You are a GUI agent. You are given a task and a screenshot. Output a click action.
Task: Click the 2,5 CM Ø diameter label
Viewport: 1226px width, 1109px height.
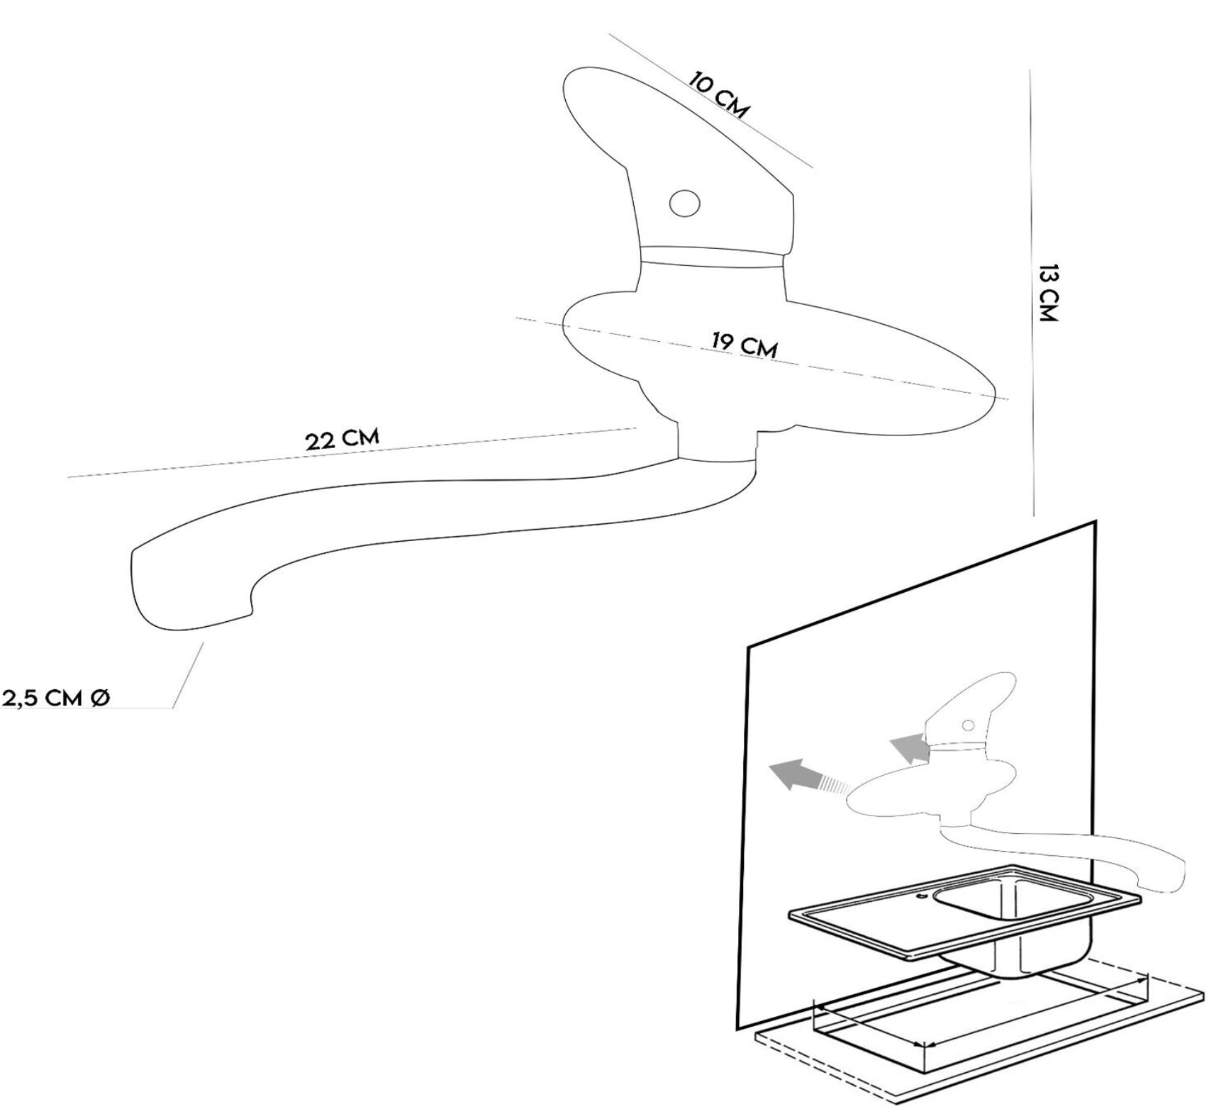tap(55, 698)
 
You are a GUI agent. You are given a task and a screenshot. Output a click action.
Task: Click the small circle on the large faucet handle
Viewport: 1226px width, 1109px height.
tap(685, 204)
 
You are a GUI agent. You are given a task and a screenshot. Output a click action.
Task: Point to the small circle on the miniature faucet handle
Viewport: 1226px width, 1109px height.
tap(966, 725)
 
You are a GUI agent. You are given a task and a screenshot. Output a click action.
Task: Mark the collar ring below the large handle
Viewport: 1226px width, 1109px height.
tap(713, 258)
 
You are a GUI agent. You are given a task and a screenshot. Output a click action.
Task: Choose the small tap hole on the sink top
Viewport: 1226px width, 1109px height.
tap(921, 897)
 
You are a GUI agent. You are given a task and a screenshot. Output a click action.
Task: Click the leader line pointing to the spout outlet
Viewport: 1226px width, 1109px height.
tap(188, 674)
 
